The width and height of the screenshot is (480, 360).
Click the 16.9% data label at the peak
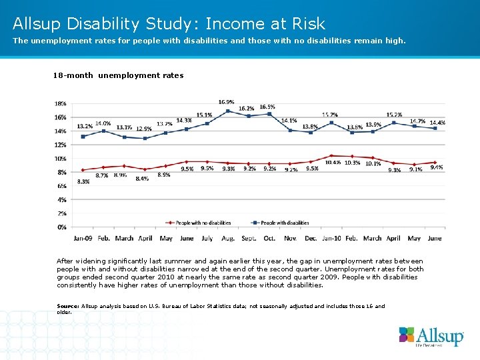226,101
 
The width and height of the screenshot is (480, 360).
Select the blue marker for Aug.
227,111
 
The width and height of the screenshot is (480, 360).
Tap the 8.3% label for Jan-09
83,181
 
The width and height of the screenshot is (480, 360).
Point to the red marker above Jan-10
331,155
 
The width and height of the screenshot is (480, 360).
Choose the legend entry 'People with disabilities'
283,223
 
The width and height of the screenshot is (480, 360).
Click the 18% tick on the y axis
60,103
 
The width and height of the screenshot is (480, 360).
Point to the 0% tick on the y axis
61,227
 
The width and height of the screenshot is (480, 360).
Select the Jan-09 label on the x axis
83,238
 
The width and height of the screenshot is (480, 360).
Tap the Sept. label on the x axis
249,238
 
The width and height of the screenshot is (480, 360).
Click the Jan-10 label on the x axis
331,238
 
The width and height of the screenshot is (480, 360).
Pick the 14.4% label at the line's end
437,123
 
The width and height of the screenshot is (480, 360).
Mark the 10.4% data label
333,163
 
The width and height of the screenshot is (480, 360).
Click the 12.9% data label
143,128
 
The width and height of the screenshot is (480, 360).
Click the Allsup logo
431,336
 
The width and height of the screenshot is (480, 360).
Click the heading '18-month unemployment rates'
118,75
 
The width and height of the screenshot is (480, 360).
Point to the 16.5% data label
267,107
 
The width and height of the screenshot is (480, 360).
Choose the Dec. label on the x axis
311,238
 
